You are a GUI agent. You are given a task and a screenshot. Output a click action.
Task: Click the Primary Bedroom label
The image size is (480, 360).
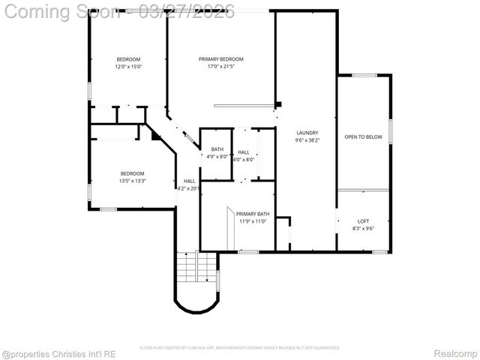coord(220,59)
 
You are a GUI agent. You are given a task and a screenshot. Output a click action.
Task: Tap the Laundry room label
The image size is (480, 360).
coord(307,133)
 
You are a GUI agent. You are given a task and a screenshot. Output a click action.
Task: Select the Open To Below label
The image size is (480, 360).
coord(363,137)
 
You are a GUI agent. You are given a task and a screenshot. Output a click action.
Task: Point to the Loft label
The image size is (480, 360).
coord(363,221)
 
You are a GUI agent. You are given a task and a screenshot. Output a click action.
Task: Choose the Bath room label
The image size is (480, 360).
coord(217,149)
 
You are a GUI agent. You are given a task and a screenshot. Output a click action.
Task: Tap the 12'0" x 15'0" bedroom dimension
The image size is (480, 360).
coord(128,67)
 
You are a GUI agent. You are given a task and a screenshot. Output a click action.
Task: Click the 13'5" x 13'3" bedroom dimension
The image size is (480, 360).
coord(132,181)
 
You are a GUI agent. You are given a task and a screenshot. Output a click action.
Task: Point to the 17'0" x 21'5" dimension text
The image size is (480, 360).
coord(220,67)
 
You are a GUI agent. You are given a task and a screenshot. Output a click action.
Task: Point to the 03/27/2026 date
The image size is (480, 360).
coord(191,11)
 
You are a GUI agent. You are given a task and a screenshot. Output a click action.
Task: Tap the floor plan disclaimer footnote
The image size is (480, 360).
coord(240,348)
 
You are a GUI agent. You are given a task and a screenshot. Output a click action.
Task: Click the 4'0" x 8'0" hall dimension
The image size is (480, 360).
coord(244,159)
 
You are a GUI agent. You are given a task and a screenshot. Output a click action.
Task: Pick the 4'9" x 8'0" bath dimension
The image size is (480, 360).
coord(217,156)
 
